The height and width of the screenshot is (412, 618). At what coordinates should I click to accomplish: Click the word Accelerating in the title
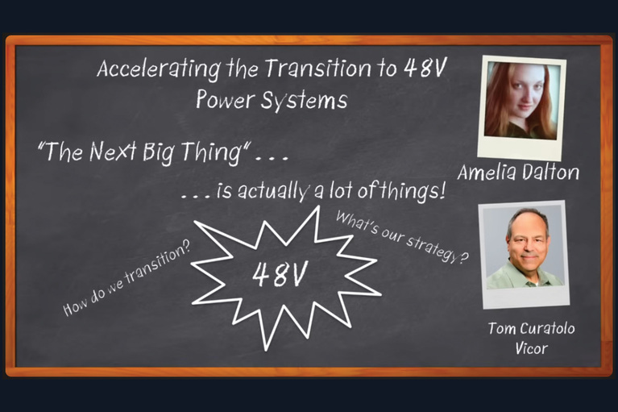[142, 70]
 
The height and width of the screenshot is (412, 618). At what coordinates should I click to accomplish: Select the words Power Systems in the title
[272, 102]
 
